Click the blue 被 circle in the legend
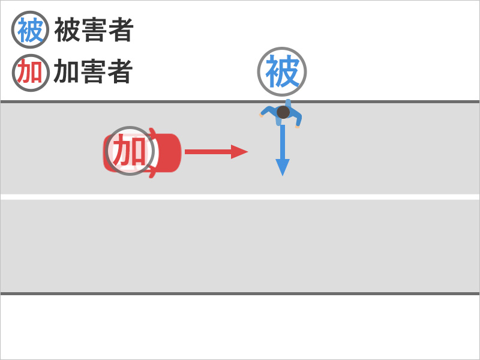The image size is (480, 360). coord(29,30)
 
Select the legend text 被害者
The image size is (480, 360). coord(94,30)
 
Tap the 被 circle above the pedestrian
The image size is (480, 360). coord(282,71)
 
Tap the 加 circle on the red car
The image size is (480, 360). coord(130,151)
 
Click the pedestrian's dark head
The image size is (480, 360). coord(283,112)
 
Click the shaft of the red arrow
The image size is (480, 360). coord(207,152)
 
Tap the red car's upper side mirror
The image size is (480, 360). coord(154,131)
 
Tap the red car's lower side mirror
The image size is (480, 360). coord(154,173)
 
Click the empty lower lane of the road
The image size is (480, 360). coord(240,246)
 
